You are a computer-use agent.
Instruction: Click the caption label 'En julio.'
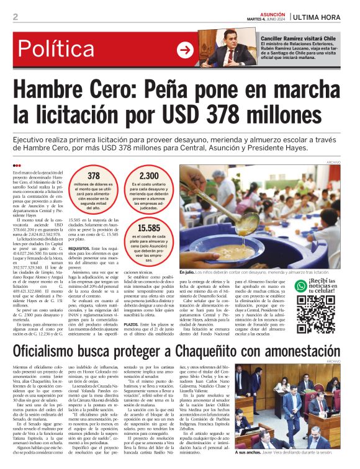(187, 271)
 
